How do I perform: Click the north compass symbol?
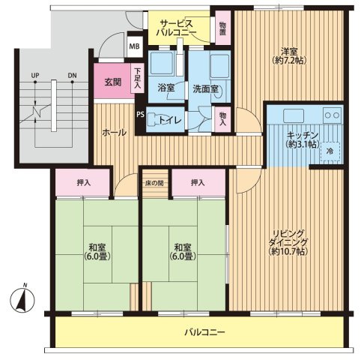[x=22, y=299]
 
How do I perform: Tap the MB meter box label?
[x=135, y=46]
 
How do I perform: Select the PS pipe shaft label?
[x=140, y=115]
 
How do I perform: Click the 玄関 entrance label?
[x=112, y=82]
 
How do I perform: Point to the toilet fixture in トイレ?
[x=152, y=119]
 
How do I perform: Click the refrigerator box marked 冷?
[x=330, y=151]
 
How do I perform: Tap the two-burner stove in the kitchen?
[x=332, y=115]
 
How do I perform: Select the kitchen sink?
[x=294, y=115]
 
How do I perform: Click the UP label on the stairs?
[x=35, y=75]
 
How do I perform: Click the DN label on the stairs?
[x=72, y=75]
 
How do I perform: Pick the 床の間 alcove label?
[x=154, y=183]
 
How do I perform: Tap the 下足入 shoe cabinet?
[x=137, y=78]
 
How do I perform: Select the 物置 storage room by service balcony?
[x=222, y=28]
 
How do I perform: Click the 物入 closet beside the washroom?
[x=222, y=119]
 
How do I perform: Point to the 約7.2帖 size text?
[x=289, y=60]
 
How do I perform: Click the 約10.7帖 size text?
[x=288, y=251]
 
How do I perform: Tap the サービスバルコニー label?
[x=176, y=28]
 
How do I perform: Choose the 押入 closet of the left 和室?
[x=82, y=182]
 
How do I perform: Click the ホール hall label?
[x=114, y=133]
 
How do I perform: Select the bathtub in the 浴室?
[x=162, y=62]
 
